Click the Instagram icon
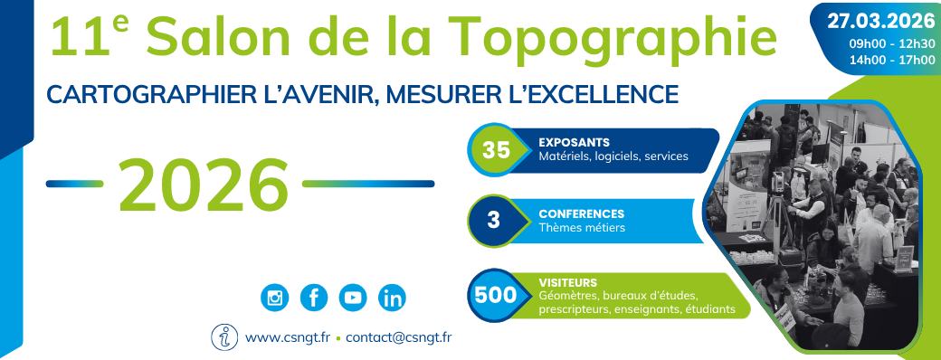[x=273, y=297]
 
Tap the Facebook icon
[x=313, y=297]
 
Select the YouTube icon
[x=353, y=297]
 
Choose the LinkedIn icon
[x=393, y=297]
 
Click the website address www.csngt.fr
[x=286, y=338]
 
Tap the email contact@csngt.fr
[x=399, y=338]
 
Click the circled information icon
[x=223, y=336]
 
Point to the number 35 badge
[x=496, y=151]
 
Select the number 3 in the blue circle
[x=494, y=221]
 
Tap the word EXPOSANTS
[x=574, y=142]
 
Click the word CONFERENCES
[x=581, y=214]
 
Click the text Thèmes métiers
[x=581, y=228]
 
